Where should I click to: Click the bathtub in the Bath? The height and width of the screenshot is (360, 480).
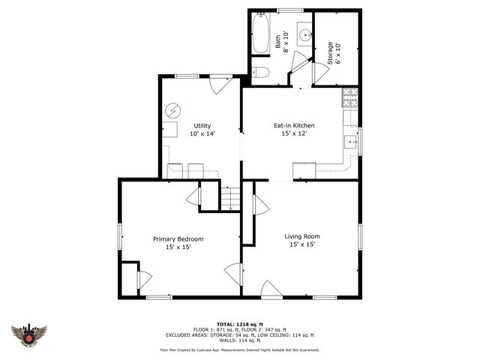tap(261, 34)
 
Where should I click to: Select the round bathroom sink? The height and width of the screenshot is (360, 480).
tap(304, 34)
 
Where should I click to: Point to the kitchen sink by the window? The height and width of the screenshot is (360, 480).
tap(351, 140)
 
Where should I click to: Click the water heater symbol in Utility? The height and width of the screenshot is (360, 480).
tap(173, 110)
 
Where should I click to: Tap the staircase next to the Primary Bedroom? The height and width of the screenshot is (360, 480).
tap(229, 198)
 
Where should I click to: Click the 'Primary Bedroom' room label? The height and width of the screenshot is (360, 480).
tap(178, 239)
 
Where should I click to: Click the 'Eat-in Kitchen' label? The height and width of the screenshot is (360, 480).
tap(292, 125)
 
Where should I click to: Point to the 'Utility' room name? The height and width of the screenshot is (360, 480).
tap(202, 125)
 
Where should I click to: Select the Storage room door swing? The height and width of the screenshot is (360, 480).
tap(321, 72)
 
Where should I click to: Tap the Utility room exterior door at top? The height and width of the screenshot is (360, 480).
tap(220, 84)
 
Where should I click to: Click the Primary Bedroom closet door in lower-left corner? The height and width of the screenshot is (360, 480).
tap(143, 280)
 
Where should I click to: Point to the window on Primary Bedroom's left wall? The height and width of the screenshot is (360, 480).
tap(120, 238)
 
